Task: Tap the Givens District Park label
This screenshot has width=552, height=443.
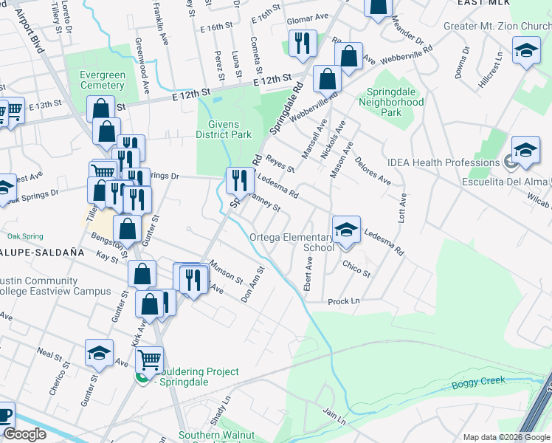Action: click(224, 130)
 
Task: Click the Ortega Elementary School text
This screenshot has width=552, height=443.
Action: click(292, 243)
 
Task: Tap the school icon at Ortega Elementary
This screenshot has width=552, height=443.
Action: click(345, 230)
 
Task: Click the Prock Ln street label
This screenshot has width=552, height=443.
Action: click(343, 301)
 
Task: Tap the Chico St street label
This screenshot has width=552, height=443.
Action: click(356, 267)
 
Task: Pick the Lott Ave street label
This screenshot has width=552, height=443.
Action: click(403, 209)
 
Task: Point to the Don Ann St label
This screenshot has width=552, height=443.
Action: click(252, 285)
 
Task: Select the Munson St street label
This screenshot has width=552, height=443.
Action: click(226, 271)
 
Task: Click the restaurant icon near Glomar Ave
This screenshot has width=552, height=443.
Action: click(303, 44)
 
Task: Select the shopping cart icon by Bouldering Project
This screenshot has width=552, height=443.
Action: click(149, 360)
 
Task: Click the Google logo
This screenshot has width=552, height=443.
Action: click(24, 434)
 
